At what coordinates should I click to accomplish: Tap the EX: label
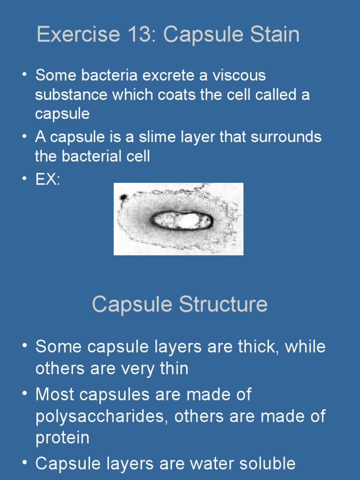point(47,180)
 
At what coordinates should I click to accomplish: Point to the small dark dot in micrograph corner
point(123,197)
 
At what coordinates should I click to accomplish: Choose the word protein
point(62,438)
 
